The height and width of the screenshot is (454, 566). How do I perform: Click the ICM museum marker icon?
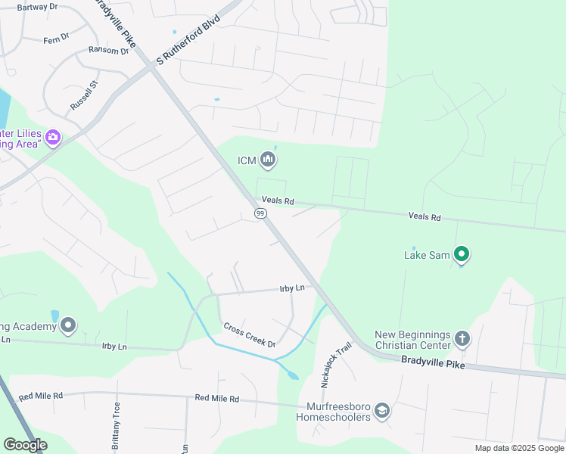pyautogui.click(x=268, y=160)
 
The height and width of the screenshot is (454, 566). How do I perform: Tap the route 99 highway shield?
pyautogui.click(x=260, y=214)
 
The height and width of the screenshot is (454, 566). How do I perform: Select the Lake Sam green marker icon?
pyautogui.click(x=462, y=254)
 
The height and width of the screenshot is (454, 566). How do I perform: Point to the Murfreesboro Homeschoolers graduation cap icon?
pyautogui.click(x=382, y=410)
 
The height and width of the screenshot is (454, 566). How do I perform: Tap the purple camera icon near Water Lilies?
pyautogui.click(x=53, y=137)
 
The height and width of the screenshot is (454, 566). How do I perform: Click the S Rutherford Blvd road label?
pyautogui.click(x=188, y=39)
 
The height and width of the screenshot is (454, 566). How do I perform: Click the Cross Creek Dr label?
pyautogui.click(x=250, y=334)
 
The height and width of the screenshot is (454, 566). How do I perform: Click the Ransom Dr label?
pyautogui.click(x=108, y=51)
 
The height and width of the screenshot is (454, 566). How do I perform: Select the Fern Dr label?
pyautogui.click(x=56, y=39)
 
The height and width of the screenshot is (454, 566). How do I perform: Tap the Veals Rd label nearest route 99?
pyautogui.click(x=278, y=201)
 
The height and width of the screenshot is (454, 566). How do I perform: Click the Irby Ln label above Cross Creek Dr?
pyautogui.click(x=291, y=288)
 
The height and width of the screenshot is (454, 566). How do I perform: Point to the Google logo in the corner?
pyautogui.click(x=25, y=444)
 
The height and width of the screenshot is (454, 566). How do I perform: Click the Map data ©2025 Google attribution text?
pyautogui.click(x=518, y=448)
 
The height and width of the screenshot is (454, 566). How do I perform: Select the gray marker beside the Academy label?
pyautogui.click(x=69, y=325)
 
